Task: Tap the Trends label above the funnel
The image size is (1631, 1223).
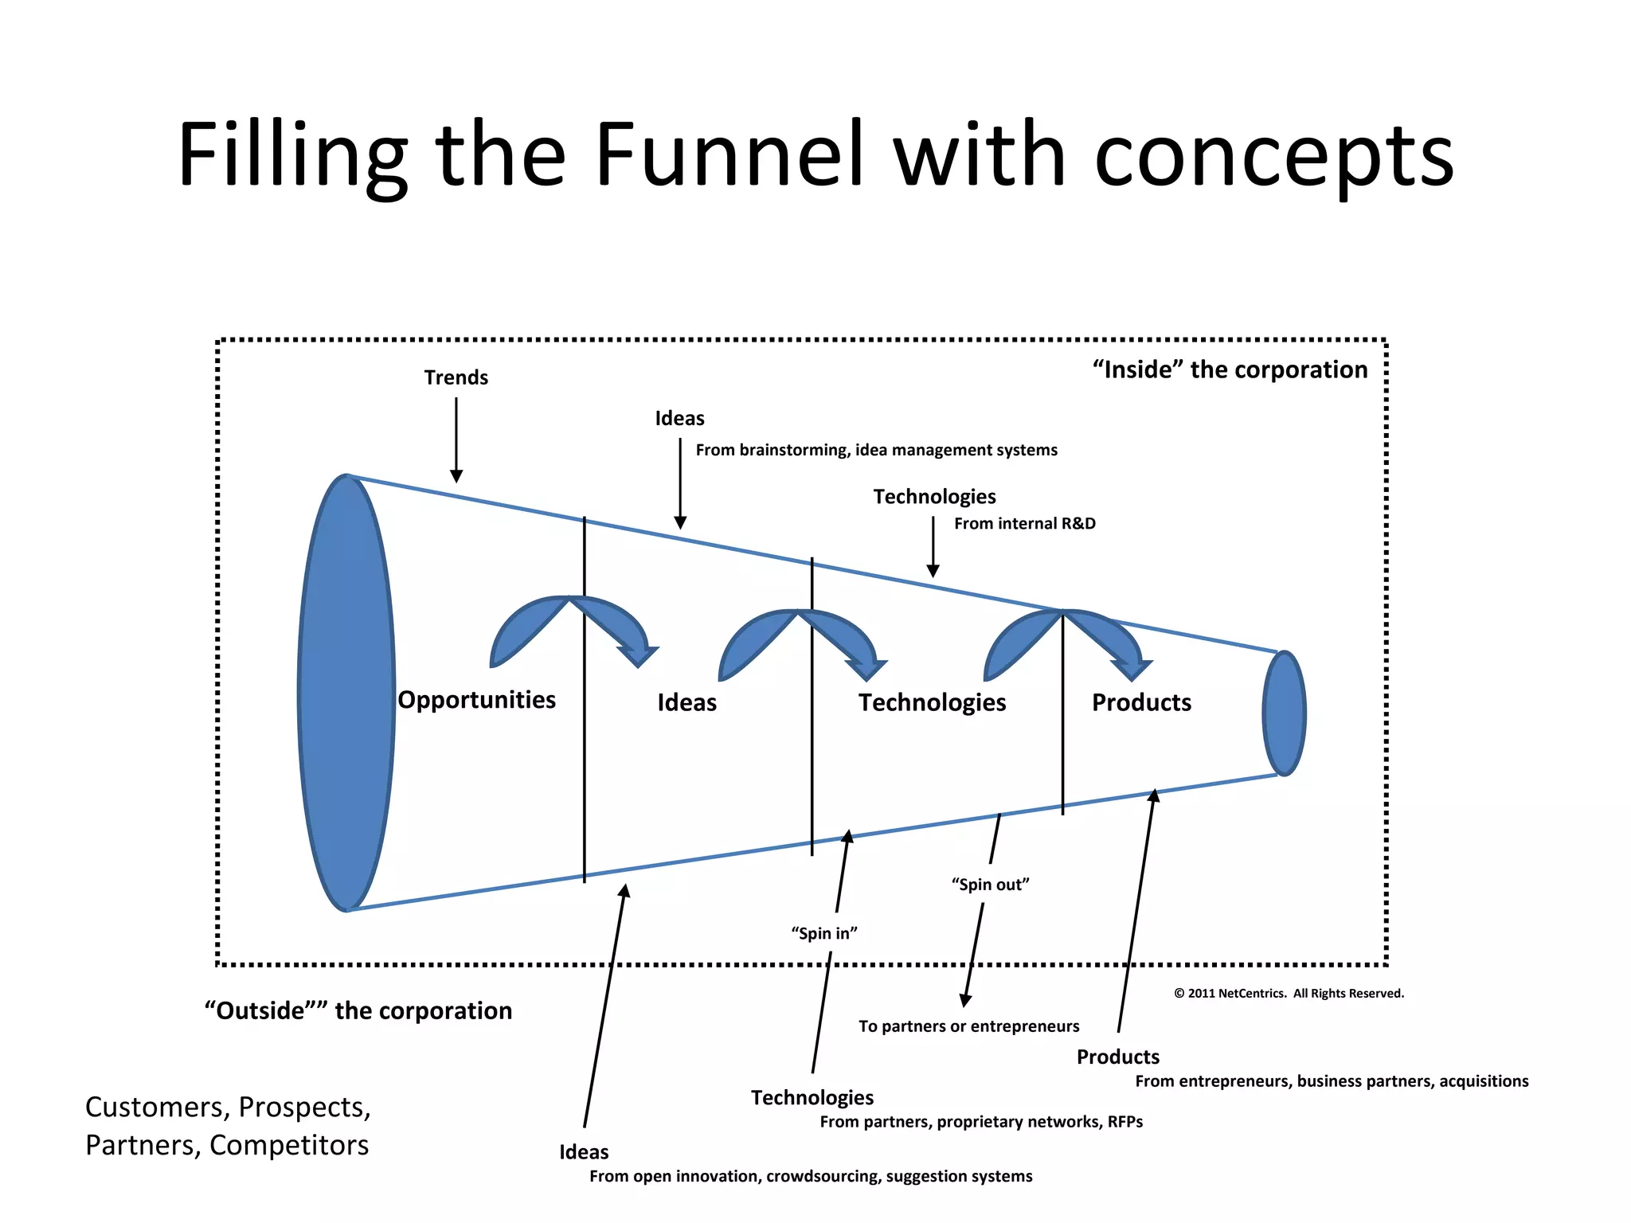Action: tap(456, 377)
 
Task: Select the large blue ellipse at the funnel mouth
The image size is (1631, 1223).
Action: tap(346, 693)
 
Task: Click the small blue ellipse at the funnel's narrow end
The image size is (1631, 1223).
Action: tap(1284, 713)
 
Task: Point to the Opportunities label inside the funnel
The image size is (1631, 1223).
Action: tap(476, 700)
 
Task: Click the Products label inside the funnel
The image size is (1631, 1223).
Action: tap(1141, 702)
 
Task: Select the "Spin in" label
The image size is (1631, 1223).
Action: tap(823, 933)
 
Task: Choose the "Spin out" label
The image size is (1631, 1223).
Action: tap(990, 885)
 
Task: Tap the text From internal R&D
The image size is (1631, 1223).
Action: tap(1024, 524)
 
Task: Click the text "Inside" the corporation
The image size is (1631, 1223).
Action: tap(1230, 369)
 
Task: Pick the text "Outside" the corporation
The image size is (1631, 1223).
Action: tap(358, 1010)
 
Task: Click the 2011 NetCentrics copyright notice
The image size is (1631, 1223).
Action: tap(1289, 994)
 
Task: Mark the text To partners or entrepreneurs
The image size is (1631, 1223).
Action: tap(968, 1026)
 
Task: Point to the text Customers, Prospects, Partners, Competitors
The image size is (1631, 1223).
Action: tap(228, 1126)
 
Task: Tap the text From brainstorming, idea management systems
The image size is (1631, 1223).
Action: tap(876, 451)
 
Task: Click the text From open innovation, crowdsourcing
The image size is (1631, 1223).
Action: tap(810, 1177)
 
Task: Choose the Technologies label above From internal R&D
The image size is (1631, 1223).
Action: tap(934, 497)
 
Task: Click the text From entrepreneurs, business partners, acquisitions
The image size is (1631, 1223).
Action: tap(1331, 1081)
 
